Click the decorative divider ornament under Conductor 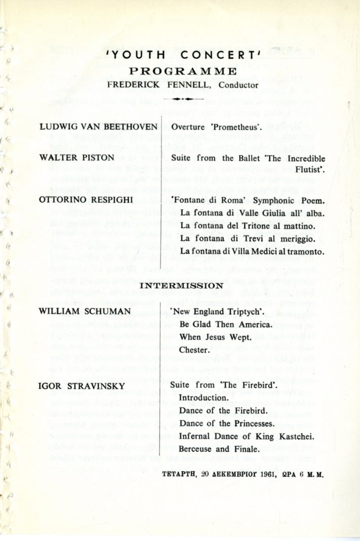coord(181,99)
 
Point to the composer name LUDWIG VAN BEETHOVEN coord(98,126)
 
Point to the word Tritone coord(256,225)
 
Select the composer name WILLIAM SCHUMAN coord(85,311)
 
